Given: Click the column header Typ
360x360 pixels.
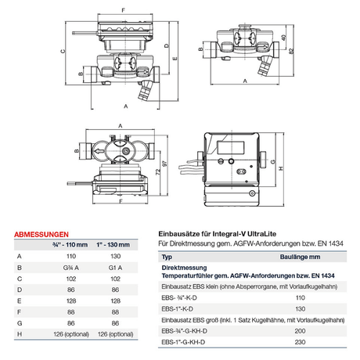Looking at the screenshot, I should [x=166, y=257].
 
